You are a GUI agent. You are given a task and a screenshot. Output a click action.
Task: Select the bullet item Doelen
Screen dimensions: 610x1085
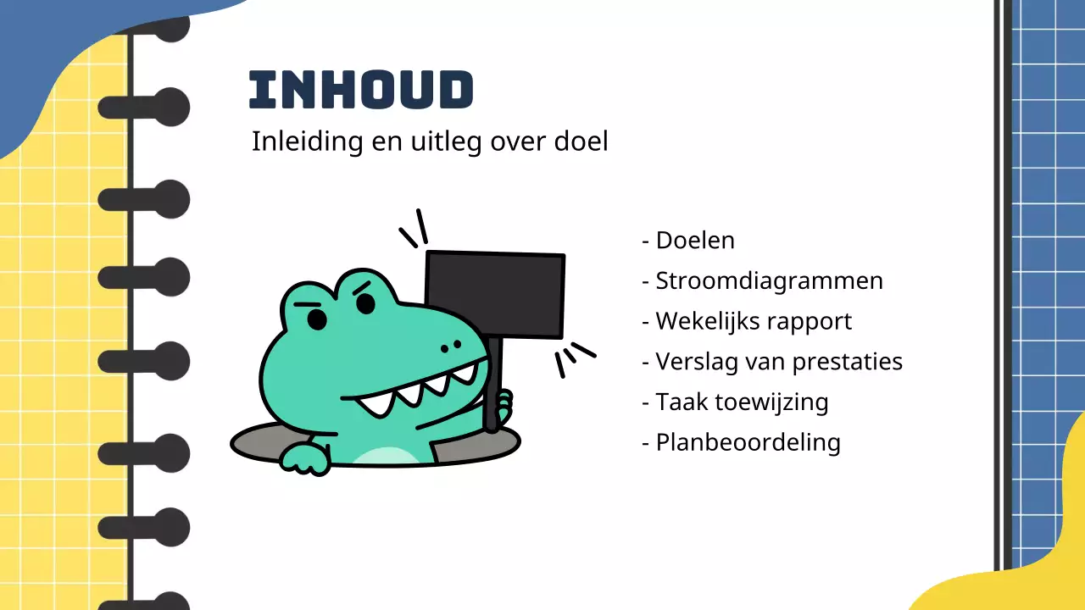tap(694, 240)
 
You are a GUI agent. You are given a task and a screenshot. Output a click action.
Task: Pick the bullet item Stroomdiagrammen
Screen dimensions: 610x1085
tap(769, 280)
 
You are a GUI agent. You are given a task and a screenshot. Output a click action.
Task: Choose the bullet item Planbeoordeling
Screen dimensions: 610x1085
tap(748, 442)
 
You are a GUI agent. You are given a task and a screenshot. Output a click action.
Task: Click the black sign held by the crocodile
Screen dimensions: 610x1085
tap(495, 294)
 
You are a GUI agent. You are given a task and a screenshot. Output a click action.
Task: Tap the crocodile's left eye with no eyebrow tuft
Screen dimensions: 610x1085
tap(317, 319)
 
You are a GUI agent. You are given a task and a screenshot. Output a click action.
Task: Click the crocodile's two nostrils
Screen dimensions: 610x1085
tap(450, 345)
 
